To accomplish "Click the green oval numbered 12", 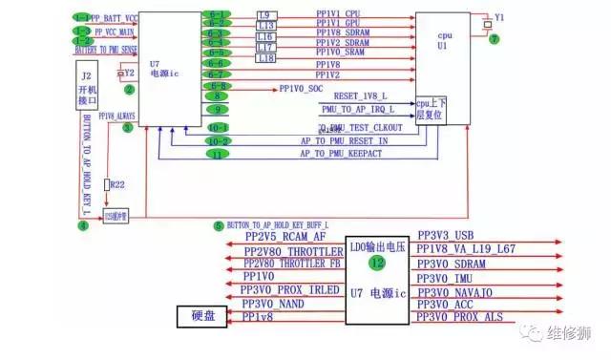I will click(378, 262).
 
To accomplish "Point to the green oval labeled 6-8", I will click(217, 86).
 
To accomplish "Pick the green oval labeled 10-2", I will click(218, 140).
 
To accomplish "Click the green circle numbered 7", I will click(494, 40).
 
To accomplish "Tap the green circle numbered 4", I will click(82, 225).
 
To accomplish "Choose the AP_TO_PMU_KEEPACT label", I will click(342, 153).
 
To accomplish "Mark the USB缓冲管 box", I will click(116, 217).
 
